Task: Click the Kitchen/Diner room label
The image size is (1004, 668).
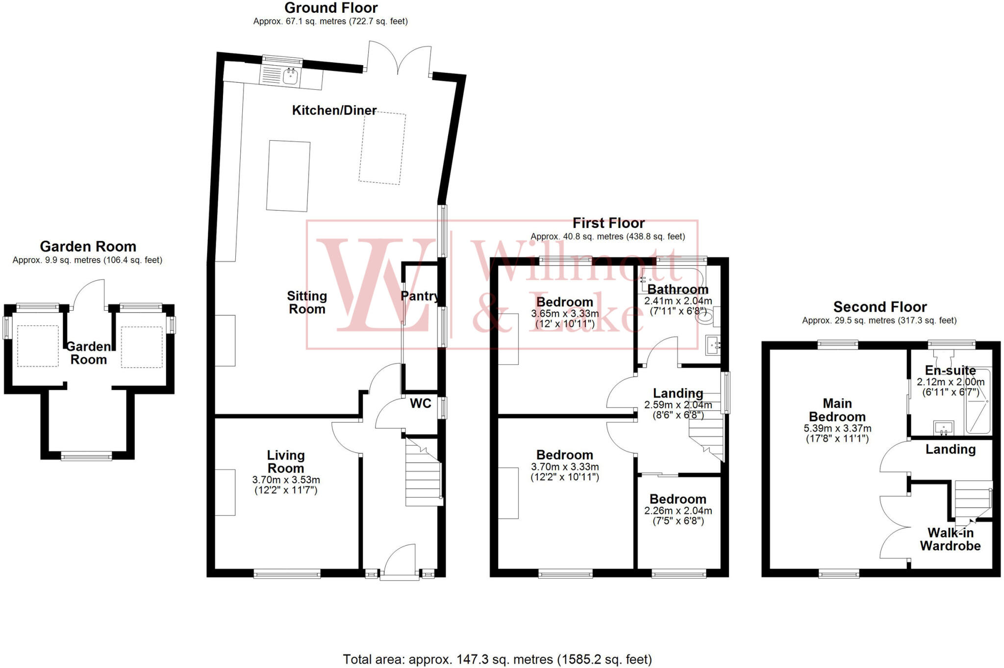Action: pyautogui.click(x=334, y=110)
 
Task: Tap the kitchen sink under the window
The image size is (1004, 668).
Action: pyautogui.click(x=291, y=76)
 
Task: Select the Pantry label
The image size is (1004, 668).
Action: pyautogui.click(x=419, y=296)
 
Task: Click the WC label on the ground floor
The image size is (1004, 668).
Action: pyautogui.click(x=421, y=403)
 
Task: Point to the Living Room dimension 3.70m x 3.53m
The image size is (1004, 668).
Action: pyautogui.click(x=286, y=480)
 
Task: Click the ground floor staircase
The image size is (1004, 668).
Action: pyautogui.click(x=423, y=473)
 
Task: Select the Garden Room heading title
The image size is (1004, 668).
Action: pyautogui.click(x=88, y=246)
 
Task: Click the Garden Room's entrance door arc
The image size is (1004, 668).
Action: pyautogui.click(x=88, y=294)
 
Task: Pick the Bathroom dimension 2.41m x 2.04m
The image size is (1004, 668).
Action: pyautogui.click(x=678, y=301)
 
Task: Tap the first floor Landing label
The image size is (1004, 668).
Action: pyautogui.click(x=678, y=393)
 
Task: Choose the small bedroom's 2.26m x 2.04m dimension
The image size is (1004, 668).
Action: pyautogui.click(x=678, y=511)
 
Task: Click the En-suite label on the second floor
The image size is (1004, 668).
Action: pyautogui.click(x=950, y=371)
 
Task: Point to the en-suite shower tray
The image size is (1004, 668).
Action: pyautogui.click(x=978, y=401)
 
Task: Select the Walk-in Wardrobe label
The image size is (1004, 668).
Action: pyautogui.click(x=950, y=539)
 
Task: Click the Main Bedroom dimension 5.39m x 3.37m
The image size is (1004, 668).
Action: pyautogui.click(x=837, y=428)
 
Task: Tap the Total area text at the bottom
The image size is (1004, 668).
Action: pyautogui.click(x=497, y=659)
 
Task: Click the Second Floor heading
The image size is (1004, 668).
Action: pyautogui.click(x=880, y=307)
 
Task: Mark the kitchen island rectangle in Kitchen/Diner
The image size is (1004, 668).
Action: pyautogui.click(x=288, y=176)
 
